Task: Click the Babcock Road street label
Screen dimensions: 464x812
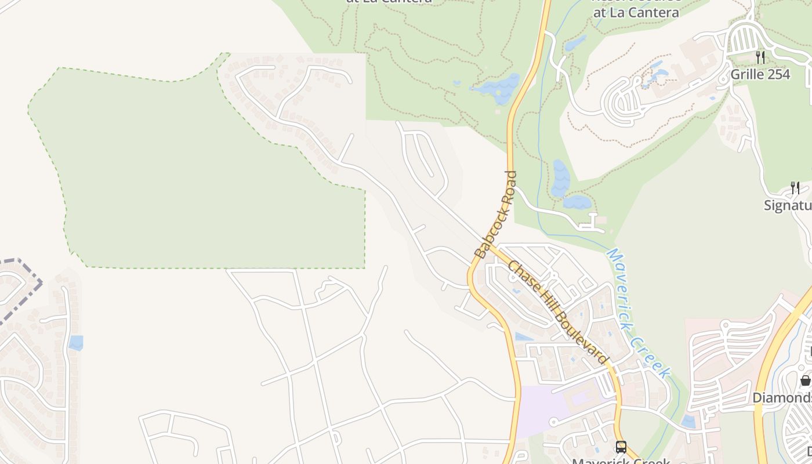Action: [495, 215]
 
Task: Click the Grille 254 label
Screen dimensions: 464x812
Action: [760, 74]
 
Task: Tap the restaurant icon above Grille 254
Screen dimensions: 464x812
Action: [760, 57]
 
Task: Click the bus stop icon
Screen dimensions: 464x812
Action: [621, 447]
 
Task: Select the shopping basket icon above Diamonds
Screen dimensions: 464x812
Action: [806, 380]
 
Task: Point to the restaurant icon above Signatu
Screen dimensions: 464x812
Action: [795, 187]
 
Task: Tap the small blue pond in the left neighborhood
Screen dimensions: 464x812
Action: [76, 343]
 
